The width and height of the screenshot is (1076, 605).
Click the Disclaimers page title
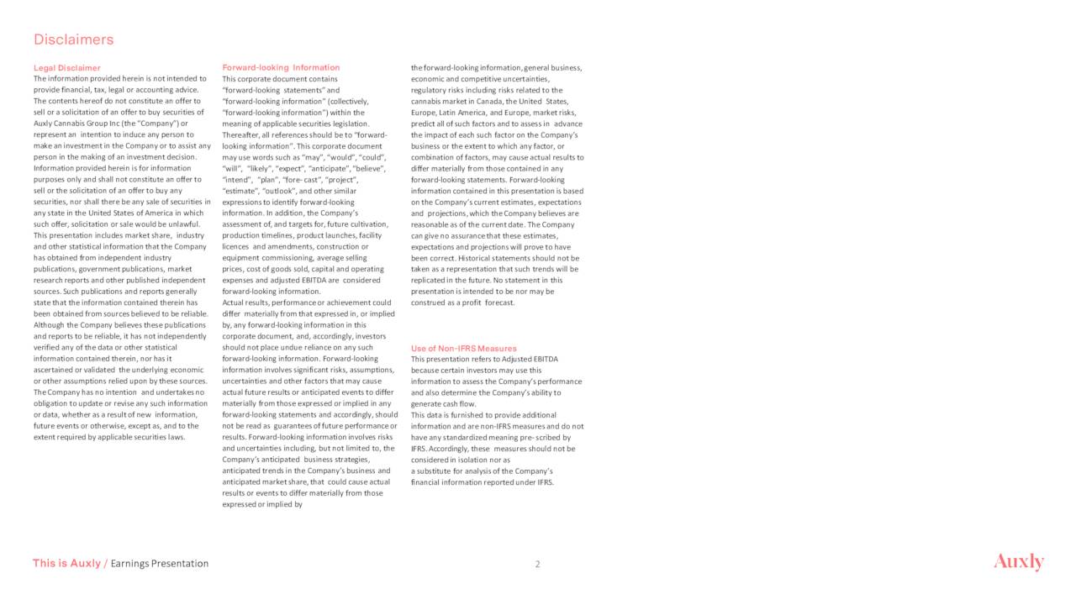click(73, 39)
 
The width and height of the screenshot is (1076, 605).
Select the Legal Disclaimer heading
click(66, 68)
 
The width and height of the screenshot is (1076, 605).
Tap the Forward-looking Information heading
click(281, 68)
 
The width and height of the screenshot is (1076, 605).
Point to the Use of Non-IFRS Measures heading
click(463, 348)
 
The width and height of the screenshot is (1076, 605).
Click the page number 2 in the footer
click(538, 564)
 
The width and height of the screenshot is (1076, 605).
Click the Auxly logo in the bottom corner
click(1018, 562)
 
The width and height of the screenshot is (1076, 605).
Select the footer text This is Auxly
click(66, 564)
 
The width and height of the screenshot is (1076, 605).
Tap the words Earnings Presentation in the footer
click(160, 564)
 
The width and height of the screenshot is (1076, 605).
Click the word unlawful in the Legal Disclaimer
click(182, 224)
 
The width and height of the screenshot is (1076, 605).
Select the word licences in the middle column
click(236, 247)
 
